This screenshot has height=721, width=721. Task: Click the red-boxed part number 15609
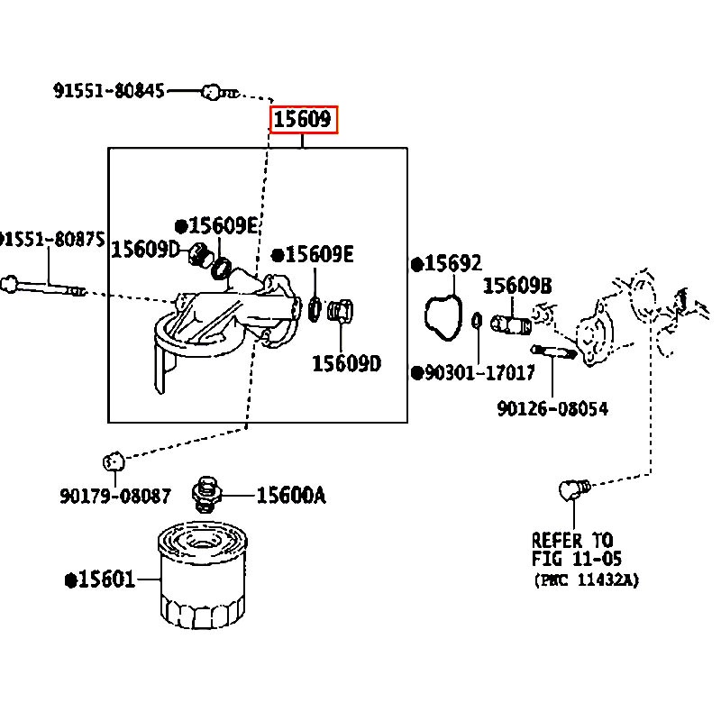click(302, 120)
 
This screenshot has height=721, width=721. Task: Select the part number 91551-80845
click(109, 91)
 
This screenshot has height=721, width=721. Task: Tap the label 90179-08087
click(115, 496)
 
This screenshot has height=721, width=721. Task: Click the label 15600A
click(291, 496)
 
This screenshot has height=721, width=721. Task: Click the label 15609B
click(517, 286)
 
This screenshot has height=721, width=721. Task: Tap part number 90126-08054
click(552, 408)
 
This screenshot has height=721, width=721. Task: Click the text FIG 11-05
click(577, 559)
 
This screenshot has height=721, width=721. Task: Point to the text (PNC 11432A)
click(587, 580)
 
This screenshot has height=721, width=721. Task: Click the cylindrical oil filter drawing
click(202, 575)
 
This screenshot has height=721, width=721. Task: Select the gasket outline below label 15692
click(443, 318)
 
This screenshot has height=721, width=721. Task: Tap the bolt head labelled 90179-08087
click(114, 461)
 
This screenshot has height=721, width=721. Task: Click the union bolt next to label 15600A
click(207, 495)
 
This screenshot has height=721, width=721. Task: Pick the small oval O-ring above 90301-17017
click(478, 321)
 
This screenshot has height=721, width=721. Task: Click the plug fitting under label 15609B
click(511, 324)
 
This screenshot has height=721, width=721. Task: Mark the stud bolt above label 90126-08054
click(553, 352)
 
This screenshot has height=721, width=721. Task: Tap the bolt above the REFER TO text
click(575, 489)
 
